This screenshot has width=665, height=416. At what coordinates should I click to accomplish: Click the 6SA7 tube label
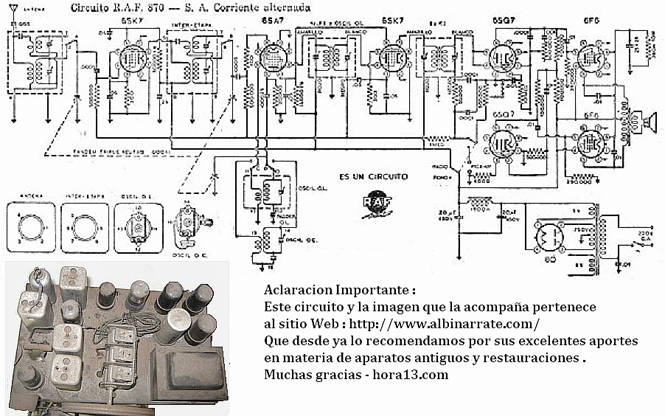pyautogui.click(x=269, y=21)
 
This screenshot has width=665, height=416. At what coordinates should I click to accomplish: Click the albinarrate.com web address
pyautogui.click(x=446, y=324)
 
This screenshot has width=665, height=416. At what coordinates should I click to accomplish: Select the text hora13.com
pyautogui.click(x=411, y=375)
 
